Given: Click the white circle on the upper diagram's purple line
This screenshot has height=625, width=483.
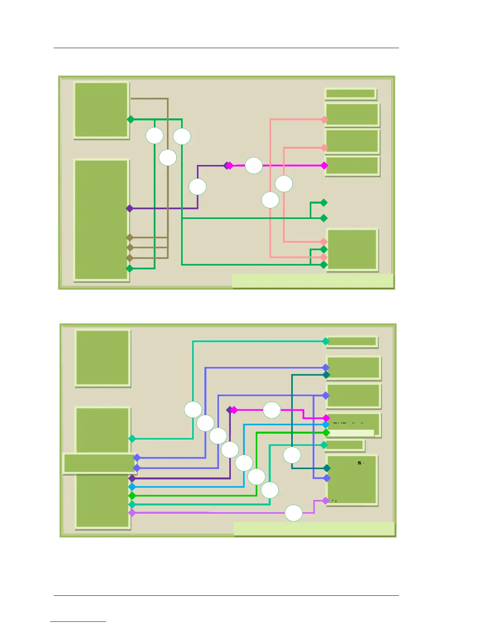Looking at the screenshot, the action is pos(198,187).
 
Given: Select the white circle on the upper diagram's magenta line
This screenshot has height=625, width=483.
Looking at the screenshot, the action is pos(254,166).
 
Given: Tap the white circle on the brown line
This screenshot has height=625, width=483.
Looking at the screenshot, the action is pos(168,158).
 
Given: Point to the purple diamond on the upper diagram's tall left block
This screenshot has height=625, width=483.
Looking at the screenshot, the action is pos(129,208).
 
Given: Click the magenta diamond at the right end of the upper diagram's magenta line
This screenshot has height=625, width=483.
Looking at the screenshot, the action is pos(324,166).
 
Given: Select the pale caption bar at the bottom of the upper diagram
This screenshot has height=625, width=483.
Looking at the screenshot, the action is pos(313,281).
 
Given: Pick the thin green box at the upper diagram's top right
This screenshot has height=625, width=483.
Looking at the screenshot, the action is pos(350,94).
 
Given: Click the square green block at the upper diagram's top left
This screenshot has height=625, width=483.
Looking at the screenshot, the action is pos(101,110).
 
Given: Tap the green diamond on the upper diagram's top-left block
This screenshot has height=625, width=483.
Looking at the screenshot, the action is pos(131,119).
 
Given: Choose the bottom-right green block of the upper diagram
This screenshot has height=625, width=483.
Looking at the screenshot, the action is pos(352,250).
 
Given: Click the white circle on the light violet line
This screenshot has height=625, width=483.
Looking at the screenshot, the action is pos(294,513).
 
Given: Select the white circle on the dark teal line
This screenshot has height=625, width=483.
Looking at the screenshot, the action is pos(292,455).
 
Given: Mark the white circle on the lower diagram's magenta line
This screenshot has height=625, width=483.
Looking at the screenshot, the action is pos(272,410).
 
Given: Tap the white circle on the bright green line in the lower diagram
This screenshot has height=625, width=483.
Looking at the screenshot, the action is pos(256,477).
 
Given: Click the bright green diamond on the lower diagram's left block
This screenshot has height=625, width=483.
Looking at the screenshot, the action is pos(132,496).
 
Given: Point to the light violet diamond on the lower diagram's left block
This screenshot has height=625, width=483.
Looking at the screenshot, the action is pos(132,513).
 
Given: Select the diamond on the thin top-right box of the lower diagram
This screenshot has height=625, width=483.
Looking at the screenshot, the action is pos(326,341).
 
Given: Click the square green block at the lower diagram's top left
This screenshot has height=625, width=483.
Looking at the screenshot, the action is pos(103,358).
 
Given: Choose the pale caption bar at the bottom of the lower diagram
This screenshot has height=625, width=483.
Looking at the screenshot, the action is pos(314,529).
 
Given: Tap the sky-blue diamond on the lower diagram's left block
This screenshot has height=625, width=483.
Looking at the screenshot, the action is pos(132,487).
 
